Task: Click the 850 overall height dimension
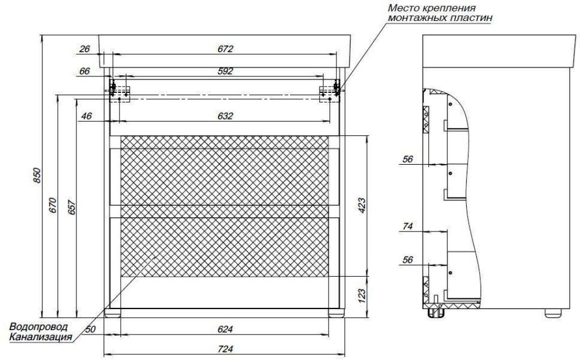tap(37, 175)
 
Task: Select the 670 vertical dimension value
tap(53, 205)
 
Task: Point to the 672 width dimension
tap(225, 49)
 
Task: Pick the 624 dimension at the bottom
tap(225, 329)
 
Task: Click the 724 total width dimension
tap(225, 349)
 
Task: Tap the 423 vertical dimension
tap(361, 206)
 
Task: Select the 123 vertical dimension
tap(361, 295)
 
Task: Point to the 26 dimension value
tap(85, 49)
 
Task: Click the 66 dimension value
tap(85, 71)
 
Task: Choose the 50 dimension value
tap(90, 329)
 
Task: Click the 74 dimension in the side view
tap(407, 226)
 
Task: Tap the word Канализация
tap(40, 337)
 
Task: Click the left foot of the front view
tap(113, 314)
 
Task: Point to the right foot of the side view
tap(553, 313)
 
